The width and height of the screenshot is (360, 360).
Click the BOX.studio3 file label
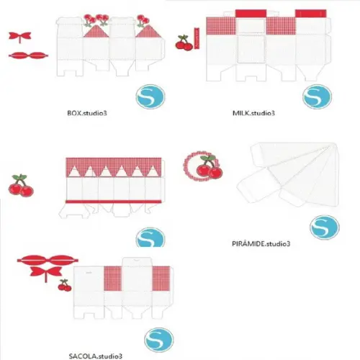(87, 113)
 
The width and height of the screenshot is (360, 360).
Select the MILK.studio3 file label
(253, 113)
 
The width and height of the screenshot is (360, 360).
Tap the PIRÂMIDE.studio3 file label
(261, 244)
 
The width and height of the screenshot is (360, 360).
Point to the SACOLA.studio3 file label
(96, 356)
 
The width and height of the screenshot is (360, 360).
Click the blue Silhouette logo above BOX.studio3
(150, 96)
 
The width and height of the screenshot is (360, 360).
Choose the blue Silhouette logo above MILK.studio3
(317, 96)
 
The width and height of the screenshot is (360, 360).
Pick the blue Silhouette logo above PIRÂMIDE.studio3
(325, 228)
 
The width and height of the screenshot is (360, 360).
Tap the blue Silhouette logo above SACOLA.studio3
(158, 340)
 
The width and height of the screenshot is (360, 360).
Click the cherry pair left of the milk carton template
(184, 43)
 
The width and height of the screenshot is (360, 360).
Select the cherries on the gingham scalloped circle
(210, 167)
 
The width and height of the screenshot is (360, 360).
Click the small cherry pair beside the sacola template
(65, 285)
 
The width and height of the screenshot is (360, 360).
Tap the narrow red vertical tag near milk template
(197, 38)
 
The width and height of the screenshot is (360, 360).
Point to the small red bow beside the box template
(20, 37)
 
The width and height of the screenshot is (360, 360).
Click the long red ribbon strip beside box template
(28, 55)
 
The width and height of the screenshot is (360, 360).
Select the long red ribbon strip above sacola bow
(48, 260)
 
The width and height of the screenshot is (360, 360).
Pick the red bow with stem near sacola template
(46, 272)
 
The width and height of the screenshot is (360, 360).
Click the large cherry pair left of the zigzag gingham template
(21, 186)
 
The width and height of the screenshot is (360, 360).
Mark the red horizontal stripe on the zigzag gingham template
(114, 202)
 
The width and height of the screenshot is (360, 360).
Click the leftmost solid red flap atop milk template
(251, 14)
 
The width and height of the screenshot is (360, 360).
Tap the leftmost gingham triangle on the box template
(96, 31)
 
